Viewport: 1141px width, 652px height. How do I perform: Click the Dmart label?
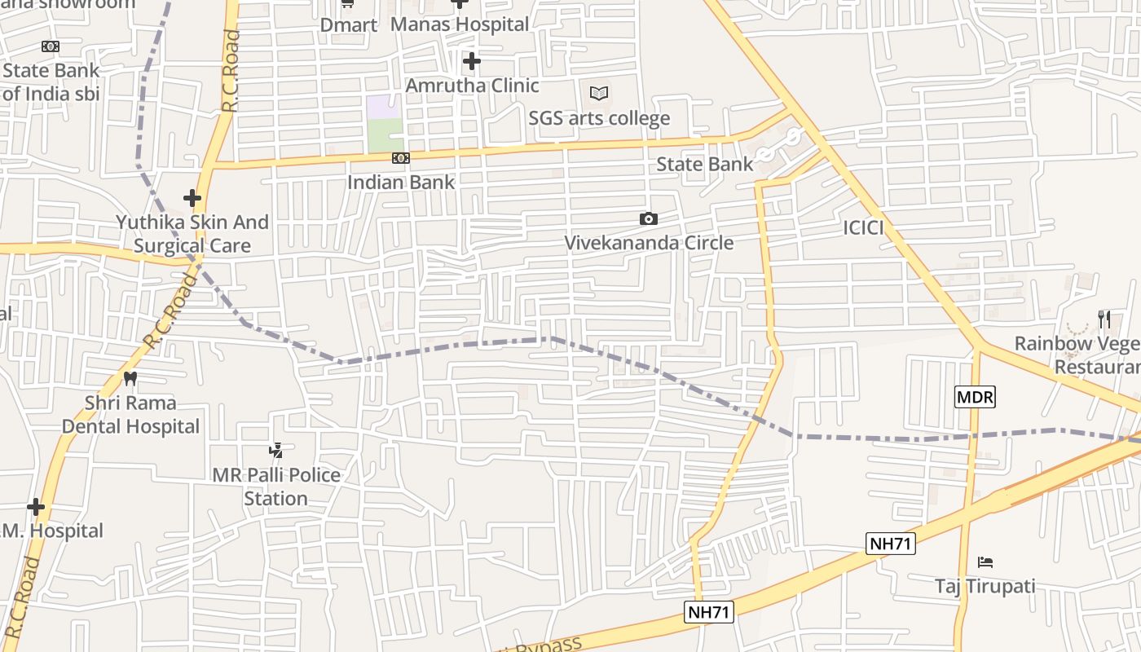coord(348,25)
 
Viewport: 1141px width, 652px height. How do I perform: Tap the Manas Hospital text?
coord(460,24)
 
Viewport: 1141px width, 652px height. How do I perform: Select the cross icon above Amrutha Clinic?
coord(472,61)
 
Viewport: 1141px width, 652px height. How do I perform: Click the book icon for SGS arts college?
coord(599,94)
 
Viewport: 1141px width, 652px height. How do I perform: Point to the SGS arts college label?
coord(599,118)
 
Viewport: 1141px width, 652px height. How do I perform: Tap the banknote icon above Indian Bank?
coord(400,158)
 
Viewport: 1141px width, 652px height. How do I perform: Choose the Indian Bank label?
coord(401,182)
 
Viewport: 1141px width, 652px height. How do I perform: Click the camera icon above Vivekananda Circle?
coord(649,218)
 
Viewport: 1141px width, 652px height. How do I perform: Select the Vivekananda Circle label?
coord(649,243)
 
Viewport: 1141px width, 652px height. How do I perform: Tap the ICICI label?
coord(863,228)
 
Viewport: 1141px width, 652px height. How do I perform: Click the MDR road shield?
coord(975,398)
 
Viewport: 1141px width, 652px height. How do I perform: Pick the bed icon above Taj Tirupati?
coord(985,562)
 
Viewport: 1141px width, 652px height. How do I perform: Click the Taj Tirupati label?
coord(985,586)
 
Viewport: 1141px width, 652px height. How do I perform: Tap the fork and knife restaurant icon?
coord(1104,319)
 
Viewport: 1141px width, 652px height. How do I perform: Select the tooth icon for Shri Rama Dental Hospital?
coord(130,378)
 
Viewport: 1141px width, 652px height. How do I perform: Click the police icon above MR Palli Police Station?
coord(276,450)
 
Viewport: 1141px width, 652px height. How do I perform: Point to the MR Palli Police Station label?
coord(276,487)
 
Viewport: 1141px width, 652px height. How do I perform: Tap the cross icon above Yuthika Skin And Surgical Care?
coord(192,198)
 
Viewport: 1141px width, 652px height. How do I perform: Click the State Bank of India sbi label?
coord(51,81)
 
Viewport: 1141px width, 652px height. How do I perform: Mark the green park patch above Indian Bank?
coord(385,135)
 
